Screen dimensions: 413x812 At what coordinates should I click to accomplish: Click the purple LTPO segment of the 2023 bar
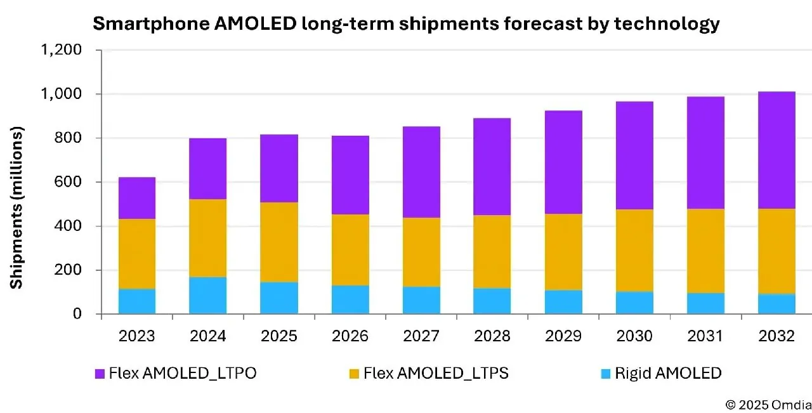(x=137, y=198)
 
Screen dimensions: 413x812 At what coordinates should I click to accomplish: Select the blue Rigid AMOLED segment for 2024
(x=208, y=295)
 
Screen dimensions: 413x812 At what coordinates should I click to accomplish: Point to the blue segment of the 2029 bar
(x=563, y=302)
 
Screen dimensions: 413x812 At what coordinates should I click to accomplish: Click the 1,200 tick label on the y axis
(x=62, y=50)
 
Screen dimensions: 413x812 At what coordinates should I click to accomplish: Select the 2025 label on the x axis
(x=279, y=336)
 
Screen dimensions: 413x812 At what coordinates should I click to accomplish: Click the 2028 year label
(x=492, y=336)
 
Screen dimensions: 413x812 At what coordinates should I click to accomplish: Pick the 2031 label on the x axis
(x=705, y=336)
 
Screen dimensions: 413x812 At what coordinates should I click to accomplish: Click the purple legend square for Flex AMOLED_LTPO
(x=100, y=374)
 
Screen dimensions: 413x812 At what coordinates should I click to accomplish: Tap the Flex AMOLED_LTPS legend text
(x=435, y=374)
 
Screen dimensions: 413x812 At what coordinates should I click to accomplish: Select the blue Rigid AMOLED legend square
(x=606, y=374)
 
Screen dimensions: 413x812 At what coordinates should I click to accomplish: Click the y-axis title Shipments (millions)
(x=16, y=207)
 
